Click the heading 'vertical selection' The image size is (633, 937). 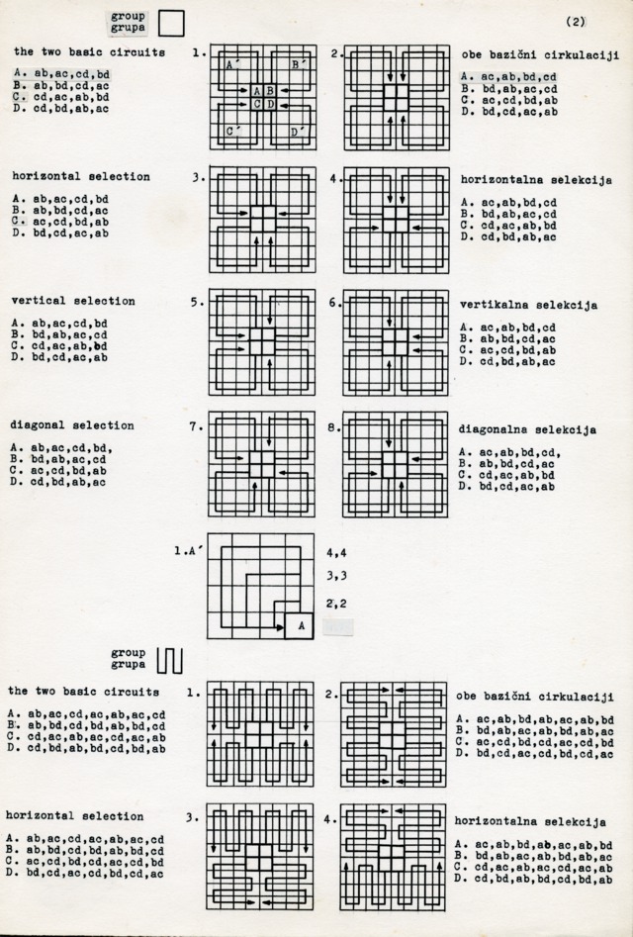point(74,301)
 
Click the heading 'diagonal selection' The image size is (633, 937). point(72,425)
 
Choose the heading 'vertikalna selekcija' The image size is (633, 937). point(519,305)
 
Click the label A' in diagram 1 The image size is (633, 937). point(231,64)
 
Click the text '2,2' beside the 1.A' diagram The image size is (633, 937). point(336,603)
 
